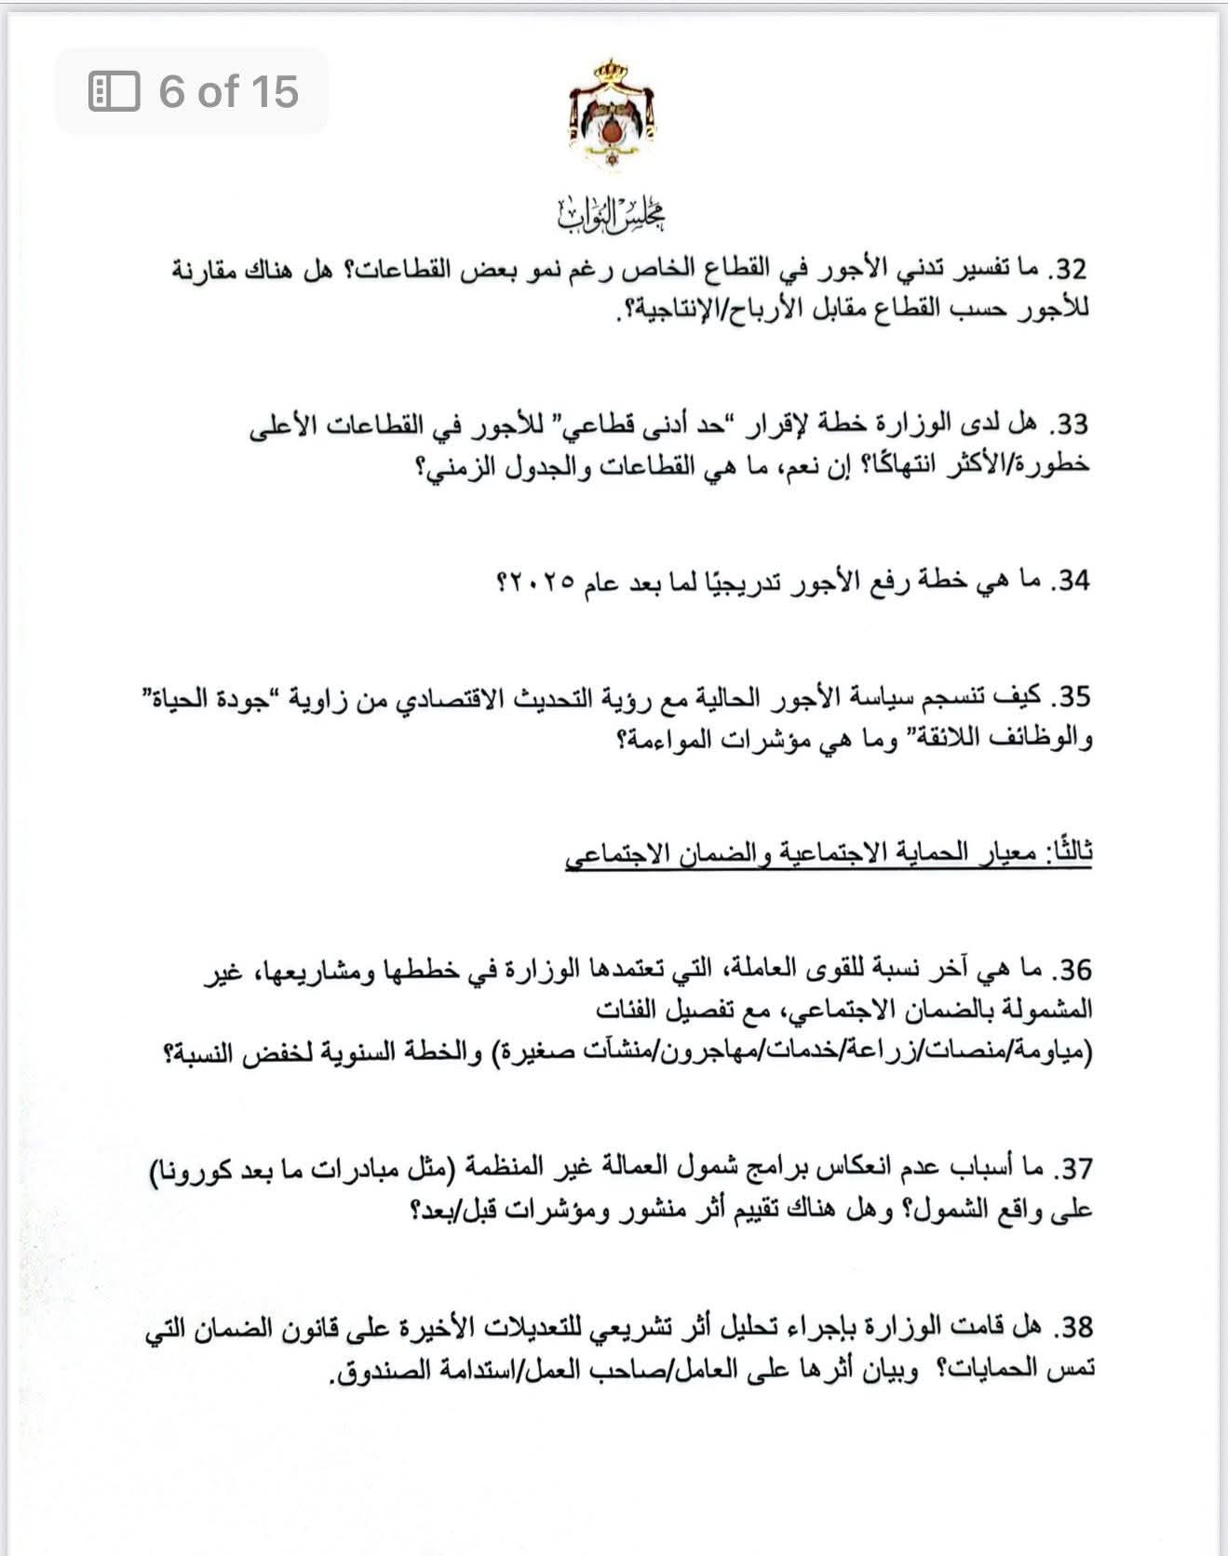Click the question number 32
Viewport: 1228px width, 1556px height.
[x=1071, y=271]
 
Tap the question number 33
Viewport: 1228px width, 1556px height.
[x=1071, y=425]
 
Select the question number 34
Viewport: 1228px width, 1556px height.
[x=1071, y=582]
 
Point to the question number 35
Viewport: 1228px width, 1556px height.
[x=1071, y=697]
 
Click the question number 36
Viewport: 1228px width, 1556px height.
[x=1071, y=971]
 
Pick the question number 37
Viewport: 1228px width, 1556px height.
[x=1071, y=1167]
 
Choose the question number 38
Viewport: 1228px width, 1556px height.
[x=1071, y=1325]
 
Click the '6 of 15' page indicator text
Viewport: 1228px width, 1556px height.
[x=228, y=91]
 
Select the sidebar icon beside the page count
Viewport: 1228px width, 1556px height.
[x=114, y=91]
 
